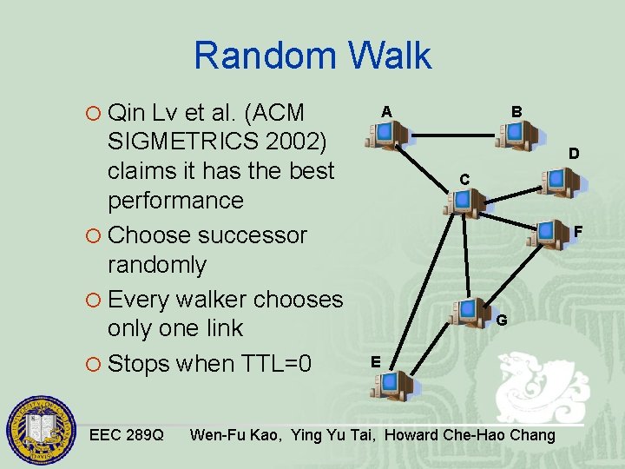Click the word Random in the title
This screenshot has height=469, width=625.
(x=264, y=56)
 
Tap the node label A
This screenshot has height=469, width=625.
(x=386, y=111)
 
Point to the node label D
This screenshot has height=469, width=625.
(x=575, y=154)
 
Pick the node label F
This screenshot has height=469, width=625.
(x=578, y=232)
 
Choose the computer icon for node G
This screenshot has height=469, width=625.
(x=471, y=312)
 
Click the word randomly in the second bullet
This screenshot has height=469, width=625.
(x=157, y=265)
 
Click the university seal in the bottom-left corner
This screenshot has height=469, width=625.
(x=42, y=432)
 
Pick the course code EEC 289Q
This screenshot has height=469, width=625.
(x=127, y=434)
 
